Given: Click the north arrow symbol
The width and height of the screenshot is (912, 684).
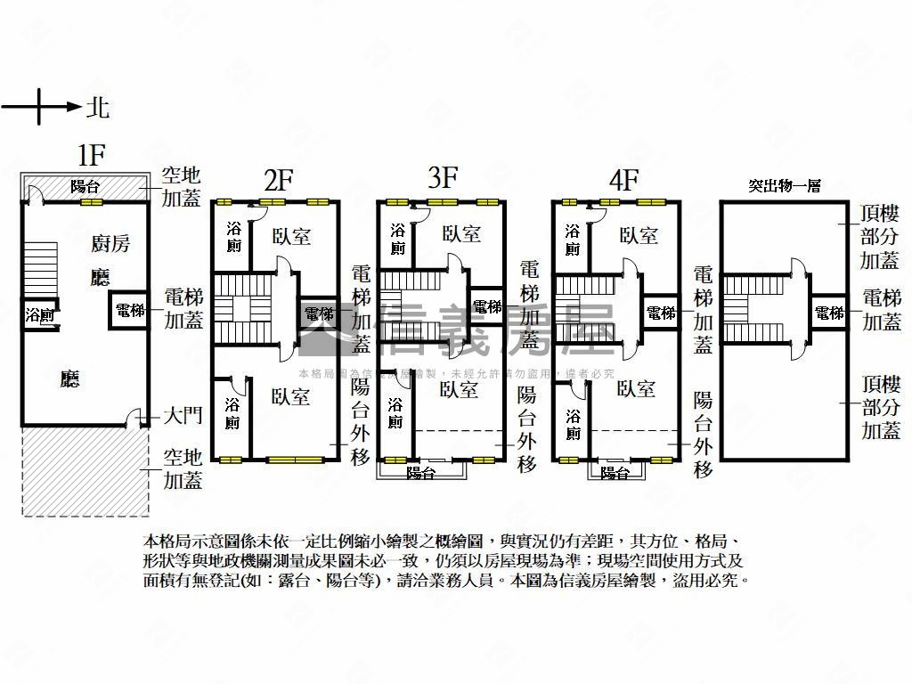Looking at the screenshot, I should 41,108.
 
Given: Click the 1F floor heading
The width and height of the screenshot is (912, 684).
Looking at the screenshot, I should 91,156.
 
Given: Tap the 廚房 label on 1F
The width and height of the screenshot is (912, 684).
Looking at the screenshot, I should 110,243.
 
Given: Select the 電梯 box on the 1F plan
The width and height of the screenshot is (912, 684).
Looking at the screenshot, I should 130,311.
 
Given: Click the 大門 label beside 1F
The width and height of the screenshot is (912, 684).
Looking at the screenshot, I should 183,416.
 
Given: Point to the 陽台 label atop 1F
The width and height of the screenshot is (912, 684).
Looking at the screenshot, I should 85,186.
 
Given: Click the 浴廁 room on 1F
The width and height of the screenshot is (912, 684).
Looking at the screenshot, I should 39,315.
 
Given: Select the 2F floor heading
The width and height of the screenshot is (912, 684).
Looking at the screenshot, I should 278,181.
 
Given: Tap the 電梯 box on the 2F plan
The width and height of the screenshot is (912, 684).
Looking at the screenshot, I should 319,313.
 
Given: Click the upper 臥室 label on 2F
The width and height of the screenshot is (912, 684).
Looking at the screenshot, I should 291,236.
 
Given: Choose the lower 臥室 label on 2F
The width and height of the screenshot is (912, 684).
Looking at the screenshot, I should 291,396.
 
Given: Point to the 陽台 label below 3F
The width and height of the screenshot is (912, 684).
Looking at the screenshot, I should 421,473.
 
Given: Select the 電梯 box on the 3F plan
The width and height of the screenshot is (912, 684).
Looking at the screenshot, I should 487,306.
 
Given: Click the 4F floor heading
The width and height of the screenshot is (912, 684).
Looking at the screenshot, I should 623,181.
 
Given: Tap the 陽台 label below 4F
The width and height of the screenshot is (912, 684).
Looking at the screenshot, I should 615,474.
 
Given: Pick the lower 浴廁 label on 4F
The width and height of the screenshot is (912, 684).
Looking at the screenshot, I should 573,424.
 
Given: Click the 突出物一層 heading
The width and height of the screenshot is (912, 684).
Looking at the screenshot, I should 784,186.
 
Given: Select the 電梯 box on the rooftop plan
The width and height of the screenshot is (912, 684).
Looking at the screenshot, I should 829,313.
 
